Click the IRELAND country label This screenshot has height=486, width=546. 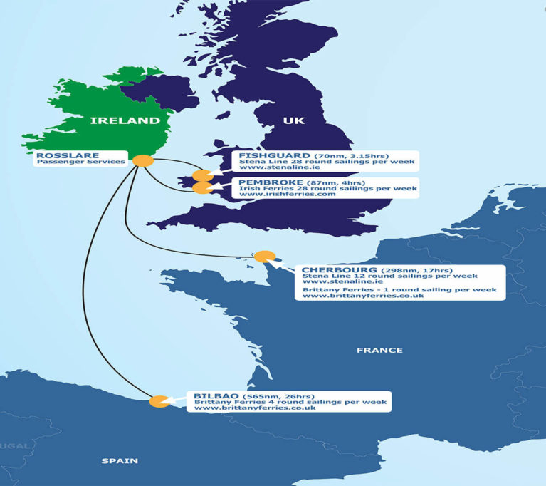tap(125, 121)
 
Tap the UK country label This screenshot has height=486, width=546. tap(294, 121)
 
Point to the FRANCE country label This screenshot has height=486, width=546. tap(379, 350)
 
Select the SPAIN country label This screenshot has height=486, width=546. tap(120, 461)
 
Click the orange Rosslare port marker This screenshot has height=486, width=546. tap(143, 161)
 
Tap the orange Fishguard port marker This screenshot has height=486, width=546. tap(203, 175)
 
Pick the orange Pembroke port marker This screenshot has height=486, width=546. tap(203, 188)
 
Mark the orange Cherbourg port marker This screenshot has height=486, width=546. tap(265, 257)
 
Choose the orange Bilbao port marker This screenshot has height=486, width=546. tap(159, 401)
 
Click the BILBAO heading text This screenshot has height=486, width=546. tap(216, 395)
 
